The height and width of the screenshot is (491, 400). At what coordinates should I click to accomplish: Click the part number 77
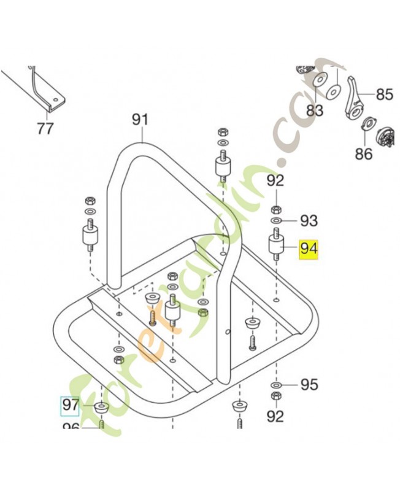[x=45, y=129]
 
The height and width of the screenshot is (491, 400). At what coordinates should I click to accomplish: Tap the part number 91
[x=141, y=119]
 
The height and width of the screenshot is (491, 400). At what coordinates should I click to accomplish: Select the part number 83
[x=315, y=110]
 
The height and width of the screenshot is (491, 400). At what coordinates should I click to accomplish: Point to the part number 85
[x=384, y=95]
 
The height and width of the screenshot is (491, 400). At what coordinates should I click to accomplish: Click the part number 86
[x=364, y=153]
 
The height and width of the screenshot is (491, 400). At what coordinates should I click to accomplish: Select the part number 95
[x=309, y=385]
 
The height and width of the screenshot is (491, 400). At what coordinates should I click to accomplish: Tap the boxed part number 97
[x=70, y=405]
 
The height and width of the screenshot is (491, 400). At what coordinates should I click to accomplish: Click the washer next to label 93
[x=276, y=220]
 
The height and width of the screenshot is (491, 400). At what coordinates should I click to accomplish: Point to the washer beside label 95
[x=276, y=385]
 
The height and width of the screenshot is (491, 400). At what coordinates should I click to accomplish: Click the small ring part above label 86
[x=367, y=123]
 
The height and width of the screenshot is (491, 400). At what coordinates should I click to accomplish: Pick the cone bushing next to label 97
[x=100, y=407]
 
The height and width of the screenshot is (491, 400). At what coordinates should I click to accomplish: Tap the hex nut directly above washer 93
[x=276, y=209]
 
